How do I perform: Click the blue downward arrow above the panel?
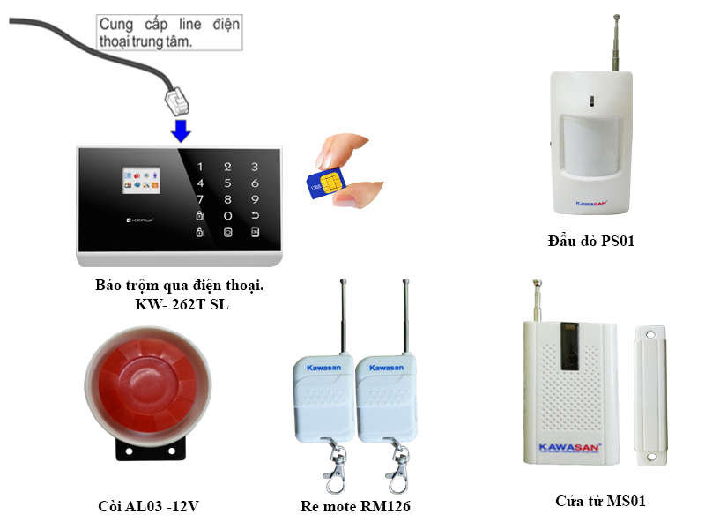click(181, 131)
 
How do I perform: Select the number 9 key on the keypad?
click(255, 199)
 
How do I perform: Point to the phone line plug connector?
click(176, 101)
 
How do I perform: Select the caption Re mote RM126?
click(355, 506)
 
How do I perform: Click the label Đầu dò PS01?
click(590, 241)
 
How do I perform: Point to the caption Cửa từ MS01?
click(600, 501)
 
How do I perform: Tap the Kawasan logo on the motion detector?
click(590, 203)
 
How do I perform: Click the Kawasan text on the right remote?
click(386, 367)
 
